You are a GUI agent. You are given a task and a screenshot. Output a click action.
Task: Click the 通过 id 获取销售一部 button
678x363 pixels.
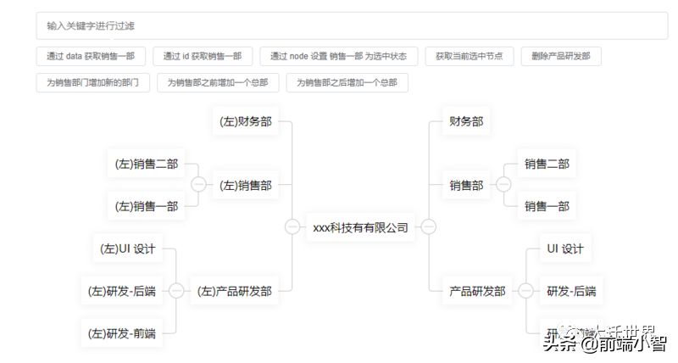[203, 56]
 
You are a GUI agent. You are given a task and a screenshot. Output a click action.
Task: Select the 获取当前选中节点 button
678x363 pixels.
[469, 56]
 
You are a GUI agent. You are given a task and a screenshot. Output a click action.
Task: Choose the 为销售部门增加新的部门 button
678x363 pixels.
[93, 82]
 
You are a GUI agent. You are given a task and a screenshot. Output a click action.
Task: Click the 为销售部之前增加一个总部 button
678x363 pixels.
[218, 82]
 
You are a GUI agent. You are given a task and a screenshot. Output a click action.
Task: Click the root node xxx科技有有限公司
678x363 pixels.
[360, 227]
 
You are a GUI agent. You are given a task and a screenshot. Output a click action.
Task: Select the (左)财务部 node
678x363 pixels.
[246, 121]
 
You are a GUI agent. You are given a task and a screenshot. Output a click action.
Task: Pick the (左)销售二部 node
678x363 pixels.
[146, 164]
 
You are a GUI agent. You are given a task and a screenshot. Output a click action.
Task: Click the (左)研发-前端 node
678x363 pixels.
[122, 333]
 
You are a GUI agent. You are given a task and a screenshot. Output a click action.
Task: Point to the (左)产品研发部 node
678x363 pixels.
[235, 291]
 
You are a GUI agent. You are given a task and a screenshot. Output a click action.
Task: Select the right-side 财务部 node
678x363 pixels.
[466, 121]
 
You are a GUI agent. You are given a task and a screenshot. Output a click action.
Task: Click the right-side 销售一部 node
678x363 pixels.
[547, 205]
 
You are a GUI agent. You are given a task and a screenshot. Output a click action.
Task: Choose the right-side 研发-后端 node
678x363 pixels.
[571, 291]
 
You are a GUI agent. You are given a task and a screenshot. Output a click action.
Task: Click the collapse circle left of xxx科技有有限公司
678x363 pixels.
[292, 227]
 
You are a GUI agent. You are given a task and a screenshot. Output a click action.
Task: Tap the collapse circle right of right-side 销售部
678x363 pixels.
[503, 185]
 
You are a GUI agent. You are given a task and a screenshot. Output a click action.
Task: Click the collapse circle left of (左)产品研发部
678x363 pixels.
[176, 291]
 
